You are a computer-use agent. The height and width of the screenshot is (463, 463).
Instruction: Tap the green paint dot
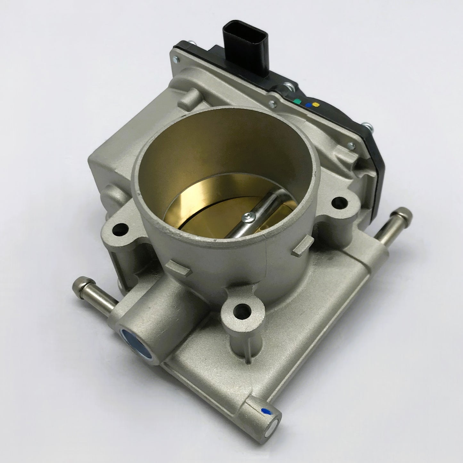click(x=299, y=102)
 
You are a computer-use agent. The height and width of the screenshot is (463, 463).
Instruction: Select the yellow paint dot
click(x=318, y=104)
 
